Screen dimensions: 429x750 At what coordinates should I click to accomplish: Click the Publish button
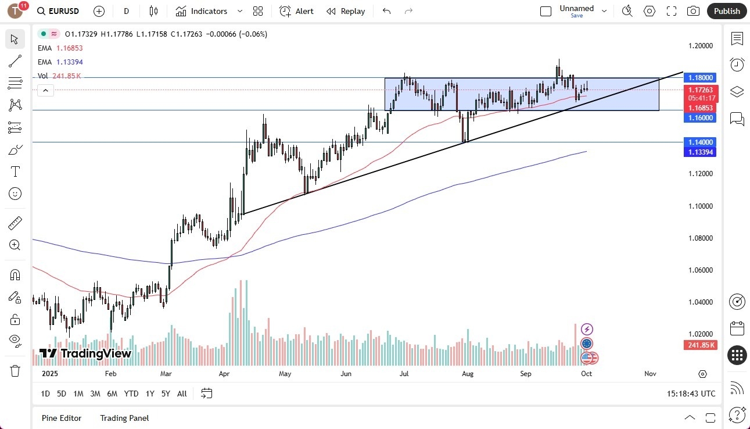point(727,11)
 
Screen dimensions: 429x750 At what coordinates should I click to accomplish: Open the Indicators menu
point(209,11)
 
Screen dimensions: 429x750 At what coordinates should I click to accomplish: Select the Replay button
point(346,11)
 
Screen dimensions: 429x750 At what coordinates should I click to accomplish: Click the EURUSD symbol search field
point(58,11)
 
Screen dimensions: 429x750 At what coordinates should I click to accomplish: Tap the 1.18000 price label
point(701,77)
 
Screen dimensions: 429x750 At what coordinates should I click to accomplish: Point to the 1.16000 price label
point(701,117)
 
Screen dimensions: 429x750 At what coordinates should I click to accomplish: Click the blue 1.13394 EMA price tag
point(701,152)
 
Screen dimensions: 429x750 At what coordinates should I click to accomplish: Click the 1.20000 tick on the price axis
point(700,45)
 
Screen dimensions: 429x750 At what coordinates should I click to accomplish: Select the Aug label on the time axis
point(468,374)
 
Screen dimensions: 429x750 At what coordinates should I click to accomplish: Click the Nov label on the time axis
point(650,374)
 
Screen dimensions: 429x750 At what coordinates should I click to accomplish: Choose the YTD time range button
point(131,394)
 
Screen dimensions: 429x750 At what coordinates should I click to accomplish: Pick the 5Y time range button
point(166,394)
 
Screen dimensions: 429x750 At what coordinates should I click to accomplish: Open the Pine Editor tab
point(62,418)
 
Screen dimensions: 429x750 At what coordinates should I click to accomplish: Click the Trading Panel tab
point(124,418)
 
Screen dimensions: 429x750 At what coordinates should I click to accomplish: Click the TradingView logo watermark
point(85,353)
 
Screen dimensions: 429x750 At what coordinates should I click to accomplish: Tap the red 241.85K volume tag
point(700,345)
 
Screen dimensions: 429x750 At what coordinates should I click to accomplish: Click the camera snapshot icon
point(693,11)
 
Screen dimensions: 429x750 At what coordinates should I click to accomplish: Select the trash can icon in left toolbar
point(15,370)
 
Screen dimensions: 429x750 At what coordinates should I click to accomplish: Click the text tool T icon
point(15,171)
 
